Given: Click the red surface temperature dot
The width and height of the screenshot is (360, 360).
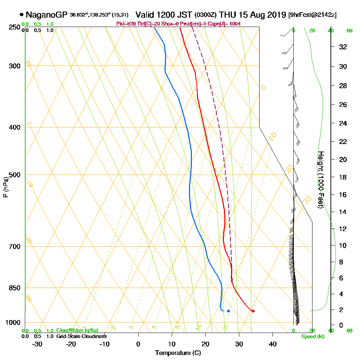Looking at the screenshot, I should pyautogui.click(x=253, y=311).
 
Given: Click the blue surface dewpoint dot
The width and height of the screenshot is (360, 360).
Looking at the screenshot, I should pyautogui.click(x=228, y=311).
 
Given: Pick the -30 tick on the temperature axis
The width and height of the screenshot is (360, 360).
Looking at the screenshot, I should pyautogui.click(x=37, y=344).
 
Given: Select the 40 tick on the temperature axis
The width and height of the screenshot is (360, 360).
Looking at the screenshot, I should pyautogui.click(x=273, y=344).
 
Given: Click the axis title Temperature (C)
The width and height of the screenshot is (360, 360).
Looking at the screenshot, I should pyautogui.click(x=178, y=353).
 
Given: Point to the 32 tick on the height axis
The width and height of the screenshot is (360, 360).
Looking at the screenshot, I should pyautogui.click(x=343, y=47).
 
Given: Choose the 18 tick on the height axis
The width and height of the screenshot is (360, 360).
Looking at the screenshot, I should pyautogui.click(x=343, y=177).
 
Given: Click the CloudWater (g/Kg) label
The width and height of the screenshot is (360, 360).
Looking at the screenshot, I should pyautogui.click(x=77, y=330).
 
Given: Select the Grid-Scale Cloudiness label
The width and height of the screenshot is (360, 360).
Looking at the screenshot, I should pyautogui.click(x=81, y=336).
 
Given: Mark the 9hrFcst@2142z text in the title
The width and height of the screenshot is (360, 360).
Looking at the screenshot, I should pyautogui.click(x=312, y=15).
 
